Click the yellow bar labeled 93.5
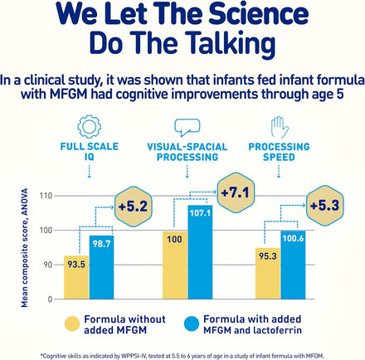pyautogui.click(x=75, y=277)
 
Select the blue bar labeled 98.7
pyautogui.click(x=100, y=267)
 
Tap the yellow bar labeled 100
pyautogui.click(x=175, y=264)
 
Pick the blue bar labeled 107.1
pyautogui.click(x=200, y=252)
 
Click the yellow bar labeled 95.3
pyautogui.click(x=266, y=273)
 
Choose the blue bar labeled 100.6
pyautogui.click(x=292, y=265)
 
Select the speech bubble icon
pyautogui.click(x=186, y=126)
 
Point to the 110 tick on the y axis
pyautogui.click(x=46, y=196)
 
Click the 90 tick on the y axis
pyautogui.click(x=47, y=264)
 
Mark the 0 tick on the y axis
pyautogui.click(x=50, y=298)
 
